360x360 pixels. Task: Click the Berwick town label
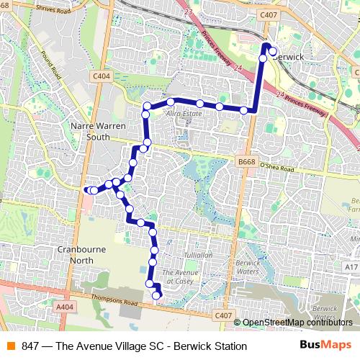coord(289,56)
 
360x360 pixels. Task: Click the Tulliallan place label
coord(197,255)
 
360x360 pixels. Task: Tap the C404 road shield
coord(102,76)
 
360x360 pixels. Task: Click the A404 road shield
coord(65,307)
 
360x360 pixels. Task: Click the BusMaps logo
coord(325,346)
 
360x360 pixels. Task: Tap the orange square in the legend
coord(10,346)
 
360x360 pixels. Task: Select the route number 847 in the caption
coord(30,346)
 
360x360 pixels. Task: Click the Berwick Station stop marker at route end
coord(273,51)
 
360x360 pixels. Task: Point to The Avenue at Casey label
coord(180,276)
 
